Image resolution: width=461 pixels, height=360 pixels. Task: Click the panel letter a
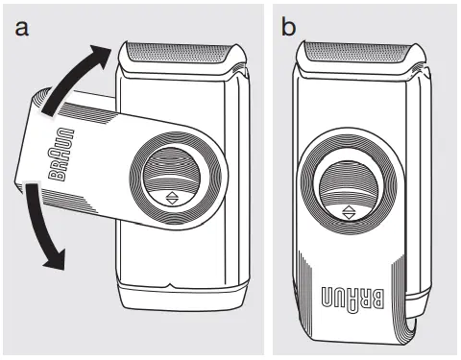tap(21, 28)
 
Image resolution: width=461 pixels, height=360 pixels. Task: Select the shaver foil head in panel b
tap(361, 54)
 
